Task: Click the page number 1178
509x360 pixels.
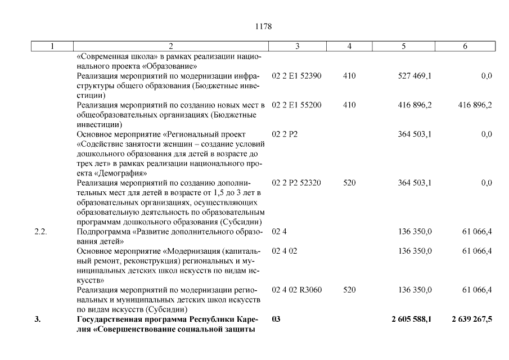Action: pyautogui.click(x=264, y=26)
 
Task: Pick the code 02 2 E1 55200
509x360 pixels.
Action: pyautogui.click(x=296, y=105)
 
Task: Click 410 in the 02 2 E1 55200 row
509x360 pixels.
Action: pyautogui.click(x=349, y=105)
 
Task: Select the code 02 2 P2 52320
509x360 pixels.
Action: pyautogui.click(x=296, y=183)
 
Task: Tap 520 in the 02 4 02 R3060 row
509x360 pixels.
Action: pyautogui.click(x=349, y=290)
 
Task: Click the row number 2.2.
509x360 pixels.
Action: pyautogui.click(x=40, y=231)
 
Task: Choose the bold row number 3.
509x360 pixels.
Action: pyautogui.click(x=38, y=319)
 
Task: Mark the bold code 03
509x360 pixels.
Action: pyautogui.click(x=276, y=319)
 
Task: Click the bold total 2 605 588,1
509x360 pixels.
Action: pyautogui.click(x=412, y=319)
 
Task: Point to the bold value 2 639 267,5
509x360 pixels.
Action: pyautogui.click(x=471, y=319)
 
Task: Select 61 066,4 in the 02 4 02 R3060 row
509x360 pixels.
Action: pyautogui.click(x=477, y=290)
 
